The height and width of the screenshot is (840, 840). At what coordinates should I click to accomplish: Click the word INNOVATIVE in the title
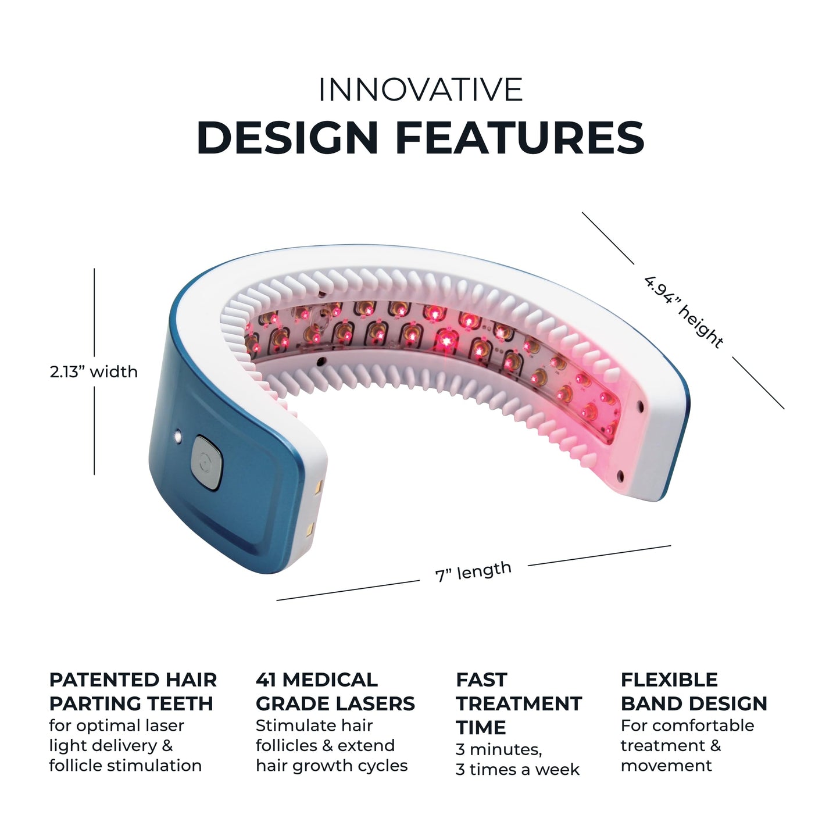420,90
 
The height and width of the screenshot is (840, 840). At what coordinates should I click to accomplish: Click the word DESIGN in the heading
288,138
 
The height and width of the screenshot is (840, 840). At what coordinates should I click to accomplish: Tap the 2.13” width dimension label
94,371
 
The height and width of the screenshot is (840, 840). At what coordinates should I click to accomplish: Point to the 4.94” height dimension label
683,312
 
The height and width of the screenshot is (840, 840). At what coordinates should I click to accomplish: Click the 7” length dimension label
473,571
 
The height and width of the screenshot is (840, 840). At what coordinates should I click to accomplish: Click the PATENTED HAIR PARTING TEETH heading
133,691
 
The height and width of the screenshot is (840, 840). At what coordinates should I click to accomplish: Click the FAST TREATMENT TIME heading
518,703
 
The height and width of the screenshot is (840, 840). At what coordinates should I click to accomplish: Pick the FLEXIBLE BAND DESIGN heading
694,691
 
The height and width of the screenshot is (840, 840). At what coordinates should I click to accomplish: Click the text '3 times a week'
517,769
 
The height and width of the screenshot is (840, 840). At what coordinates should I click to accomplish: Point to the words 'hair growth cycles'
331,765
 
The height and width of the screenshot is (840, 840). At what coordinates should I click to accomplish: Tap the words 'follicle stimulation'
125,765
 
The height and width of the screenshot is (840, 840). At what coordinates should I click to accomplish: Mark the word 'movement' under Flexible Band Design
666,765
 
